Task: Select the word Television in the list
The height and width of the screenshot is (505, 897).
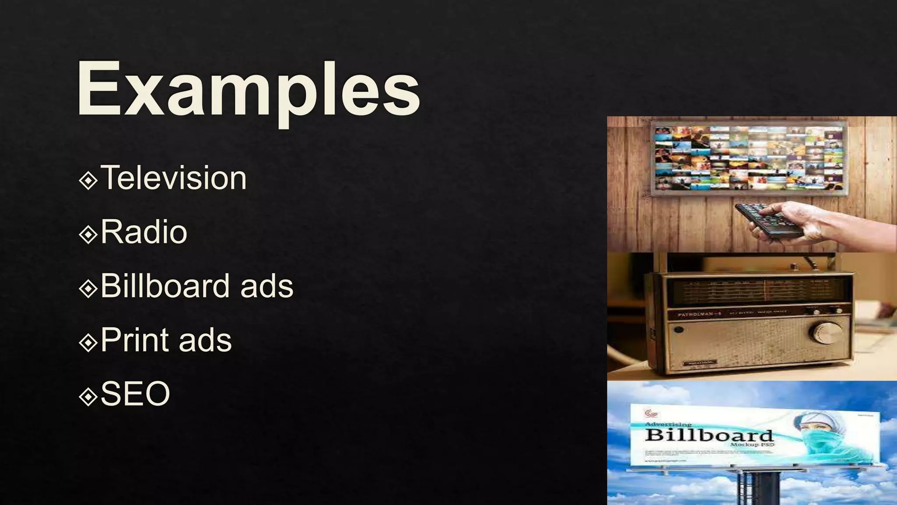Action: [173, 178]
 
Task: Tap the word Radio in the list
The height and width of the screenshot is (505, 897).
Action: [144, 232]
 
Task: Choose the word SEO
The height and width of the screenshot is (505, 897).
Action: [135, 394]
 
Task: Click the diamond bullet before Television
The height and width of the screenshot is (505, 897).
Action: [88, 180]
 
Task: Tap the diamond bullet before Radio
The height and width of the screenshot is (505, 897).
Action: [88, 234]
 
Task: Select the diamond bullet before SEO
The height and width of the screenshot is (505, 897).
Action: [88, 396]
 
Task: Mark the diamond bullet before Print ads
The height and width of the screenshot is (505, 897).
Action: [88, 342]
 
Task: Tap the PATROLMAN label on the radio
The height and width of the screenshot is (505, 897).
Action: [696, 315]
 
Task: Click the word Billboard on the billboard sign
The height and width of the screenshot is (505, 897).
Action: [709, 435]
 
